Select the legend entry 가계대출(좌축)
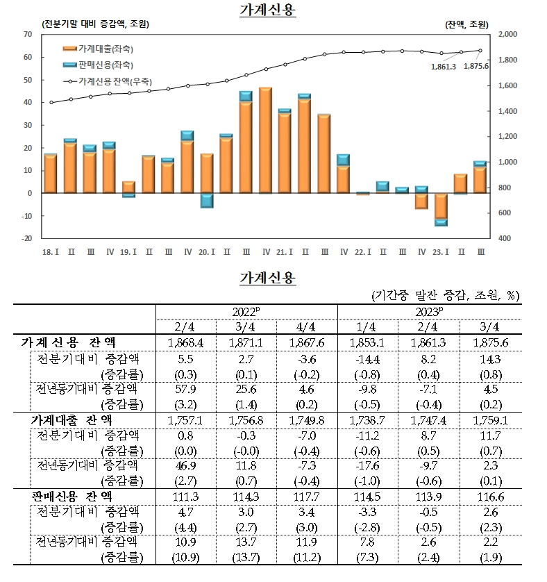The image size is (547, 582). [97, 49]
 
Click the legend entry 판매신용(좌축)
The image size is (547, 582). [97, 65]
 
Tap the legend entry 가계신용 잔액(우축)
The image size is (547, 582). [104, 81]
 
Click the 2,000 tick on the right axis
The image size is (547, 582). [508, 34]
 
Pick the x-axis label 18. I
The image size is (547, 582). [50, 250]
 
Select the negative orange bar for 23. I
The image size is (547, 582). [441, 206]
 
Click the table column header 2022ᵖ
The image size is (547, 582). [246, 312]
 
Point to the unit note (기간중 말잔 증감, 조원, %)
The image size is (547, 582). [445, 294]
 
